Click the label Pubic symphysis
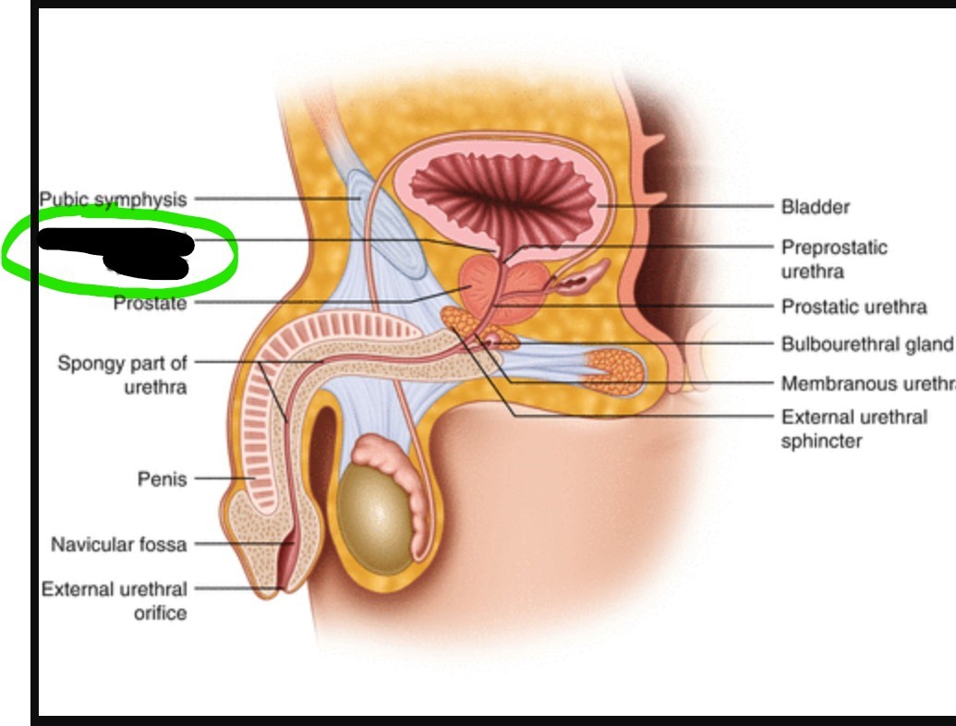pyautogui.click(x=113, y=199)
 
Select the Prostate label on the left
pyautogui.click(x=150, y=303)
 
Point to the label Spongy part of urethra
pyautogui.click(x=123, y=374)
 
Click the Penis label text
pyautogui.click(x=162, y=478)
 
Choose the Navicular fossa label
pyautogui.click(x=118, y=544)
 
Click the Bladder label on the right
pyautogui.click(x=815, y=207)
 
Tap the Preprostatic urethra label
pyautogui.click(x=833, y=259)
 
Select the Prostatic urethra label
pyautogui.click(x=853, y=307)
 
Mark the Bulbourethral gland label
pyautogui.click(x=866, y=345)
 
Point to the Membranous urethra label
pyautogui.click(x=866, y=383)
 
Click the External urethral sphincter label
pyautogui.click(x=853, y=429)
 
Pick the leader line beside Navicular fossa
pyautogui.click(x=240, y=544)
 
